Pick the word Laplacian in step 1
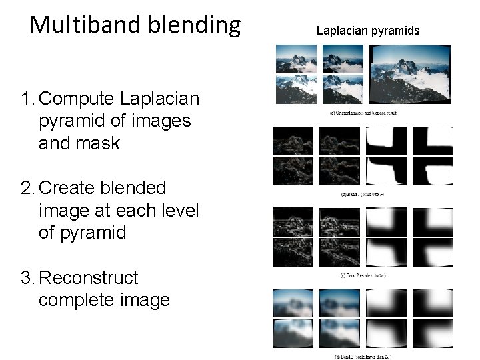[x=160, y=99]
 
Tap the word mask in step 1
[x=98, y=143]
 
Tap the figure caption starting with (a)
[x=363, y=113]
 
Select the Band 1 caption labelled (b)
[x=363, y=195]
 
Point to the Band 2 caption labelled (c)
[x=363, y=276]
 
